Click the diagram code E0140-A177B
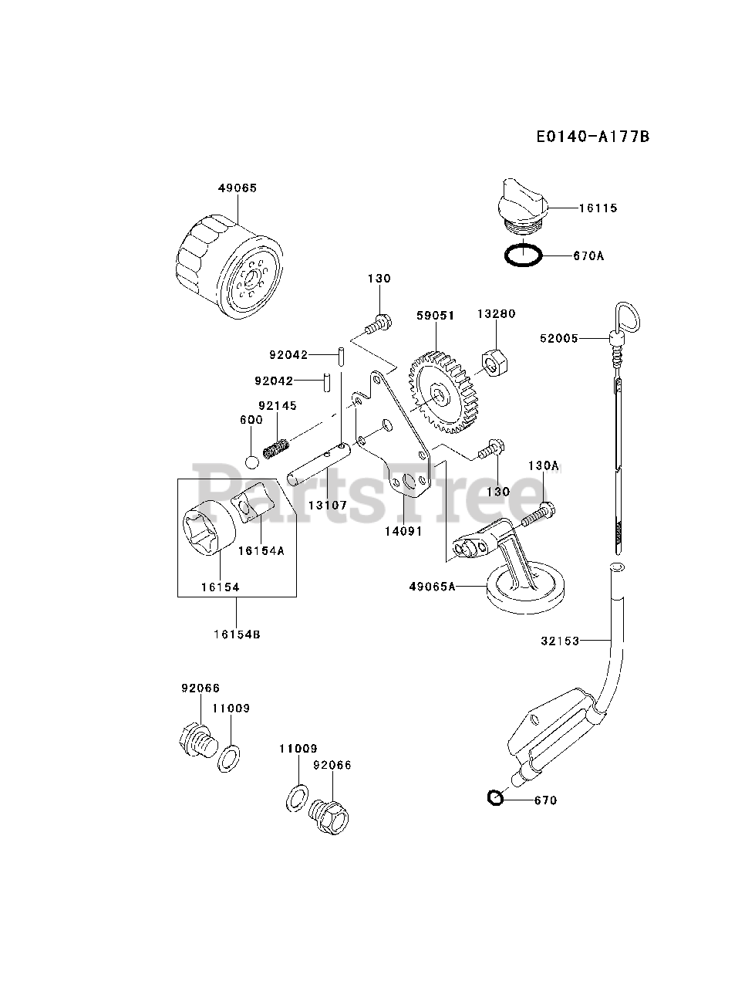point(592,137)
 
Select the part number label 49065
point(237,188)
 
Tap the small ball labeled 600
point(251,462)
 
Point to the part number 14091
point(404,531)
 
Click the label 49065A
point(433,587)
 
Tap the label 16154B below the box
point(237,634)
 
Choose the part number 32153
point(560,640)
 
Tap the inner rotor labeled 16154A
point(249,507)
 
